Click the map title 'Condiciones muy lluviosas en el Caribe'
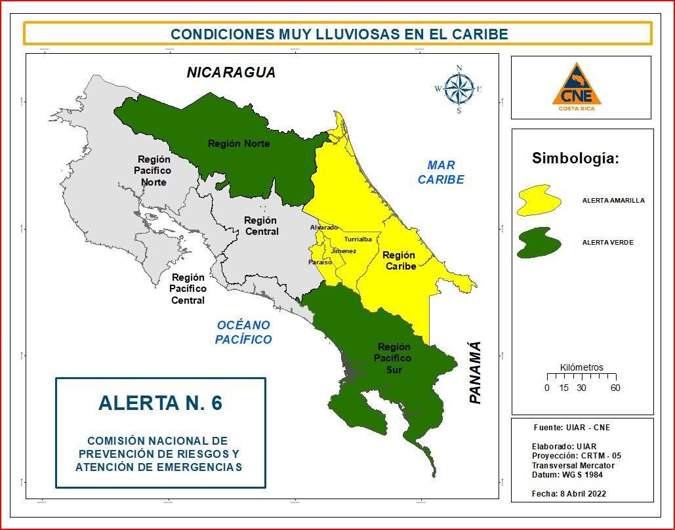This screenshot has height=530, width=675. (338, 33)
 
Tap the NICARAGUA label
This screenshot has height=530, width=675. (231, 72)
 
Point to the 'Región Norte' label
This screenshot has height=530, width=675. (239, 144)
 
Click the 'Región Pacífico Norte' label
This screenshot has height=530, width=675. (153, 171)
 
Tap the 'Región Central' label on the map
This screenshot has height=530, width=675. (260, 226)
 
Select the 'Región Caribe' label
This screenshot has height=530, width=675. (399, 260)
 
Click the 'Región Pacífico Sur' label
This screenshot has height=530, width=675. (394, 358)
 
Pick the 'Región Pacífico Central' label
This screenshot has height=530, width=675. (188, 289)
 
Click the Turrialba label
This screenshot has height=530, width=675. (358, 239)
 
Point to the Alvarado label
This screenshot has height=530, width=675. (324, 228)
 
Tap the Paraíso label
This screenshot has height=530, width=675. (320, 262)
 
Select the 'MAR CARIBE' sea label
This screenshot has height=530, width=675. (441, 173)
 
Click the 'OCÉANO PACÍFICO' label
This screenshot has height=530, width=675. (243, 333)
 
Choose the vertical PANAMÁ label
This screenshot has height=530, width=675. (475, 373)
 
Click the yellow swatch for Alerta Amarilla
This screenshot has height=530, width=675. (539, 201)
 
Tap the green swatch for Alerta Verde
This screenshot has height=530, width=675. (539, 243)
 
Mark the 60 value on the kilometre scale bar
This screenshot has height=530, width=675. (615, 388)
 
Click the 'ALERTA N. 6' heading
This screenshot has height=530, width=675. (160, 403)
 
